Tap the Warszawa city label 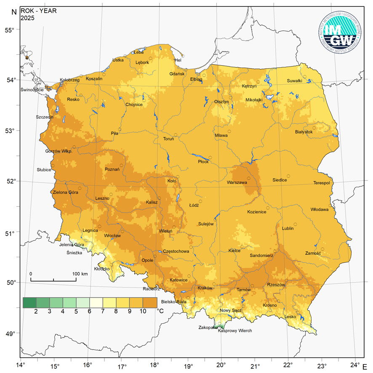point(237,183)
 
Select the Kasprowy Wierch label point(235,331)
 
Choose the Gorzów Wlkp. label point(59,151)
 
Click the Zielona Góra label point(65,192)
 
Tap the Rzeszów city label point(276,285)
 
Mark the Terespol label point(322,183)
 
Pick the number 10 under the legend point(143,312)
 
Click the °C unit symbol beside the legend point(160,311)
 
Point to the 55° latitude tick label point(10,30)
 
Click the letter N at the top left point(14,12)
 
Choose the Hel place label point(178,60)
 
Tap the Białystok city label point(304,132)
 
